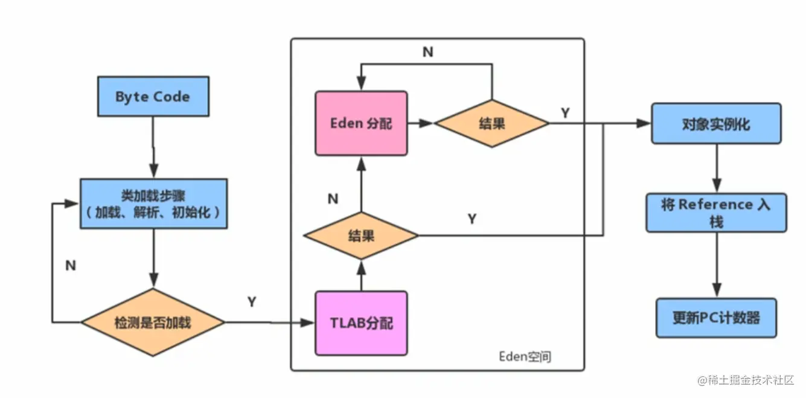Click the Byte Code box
coord(153,97)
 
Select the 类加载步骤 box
coord(153,204)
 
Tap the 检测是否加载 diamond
coord(153,323)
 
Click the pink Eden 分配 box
coord(361,123)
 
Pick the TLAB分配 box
coord(361,323)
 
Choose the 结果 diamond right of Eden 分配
coord(492,123)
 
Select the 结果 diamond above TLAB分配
coord(361,236)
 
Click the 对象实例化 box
coord(717,123)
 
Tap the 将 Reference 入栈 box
coord(717,213)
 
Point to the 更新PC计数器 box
coord(717,318)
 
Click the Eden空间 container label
coord(525,356)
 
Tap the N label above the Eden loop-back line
coord(428,52)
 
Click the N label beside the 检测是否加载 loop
coord(71,266)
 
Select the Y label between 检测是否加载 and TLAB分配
coord(252,301)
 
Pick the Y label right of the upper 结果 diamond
coord(565,114)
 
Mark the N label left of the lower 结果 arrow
coord(333,199)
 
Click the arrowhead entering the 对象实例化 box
coord(644,123)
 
